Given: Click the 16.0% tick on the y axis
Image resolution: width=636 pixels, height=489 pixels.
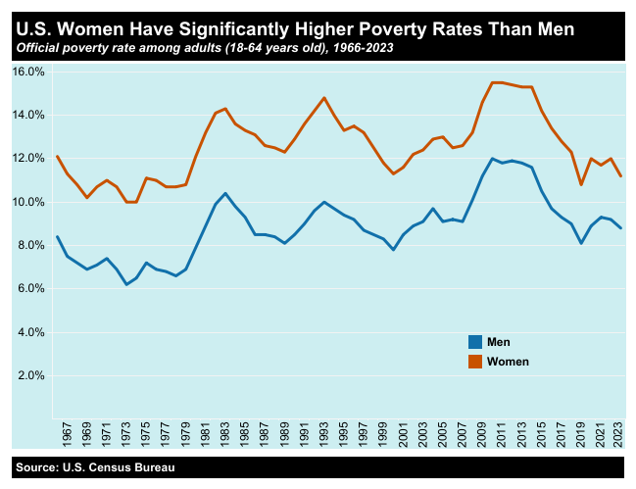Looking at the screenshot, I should point(27,72).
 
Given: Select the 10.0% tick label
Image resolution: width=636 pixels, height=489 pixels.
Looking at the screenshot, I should point(27,202).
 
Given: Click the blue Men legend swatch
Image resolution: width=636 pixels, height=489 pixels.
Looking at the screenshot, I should point(475,342).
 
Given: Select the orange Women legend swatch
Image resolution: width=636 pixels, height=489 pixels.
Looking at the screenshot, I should point(475,362).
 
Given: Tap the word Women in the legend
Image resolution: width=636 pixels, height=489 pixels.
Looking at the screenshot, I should point(508,362).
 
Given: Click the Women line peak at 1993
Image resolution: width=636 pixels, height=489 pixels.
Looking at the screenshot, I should point(324,98).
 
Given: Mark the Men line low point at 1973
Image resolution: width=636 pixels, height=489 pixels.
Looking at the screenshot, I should point(126,284).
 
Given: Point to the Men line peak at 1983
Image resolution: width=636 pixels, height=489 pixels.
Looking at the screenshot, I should point(225,193).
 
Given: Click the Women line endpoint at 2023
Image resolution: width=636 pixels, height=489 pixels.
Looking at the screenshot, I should point(620,176).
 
